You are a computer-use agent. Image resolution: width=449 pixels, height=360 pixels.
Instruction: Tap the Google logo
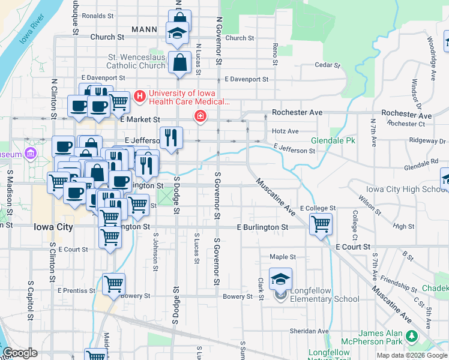tap(20, 353)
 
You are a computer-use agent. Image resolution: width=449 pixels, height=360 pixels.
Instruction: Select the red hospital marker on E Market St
tap(199, 116)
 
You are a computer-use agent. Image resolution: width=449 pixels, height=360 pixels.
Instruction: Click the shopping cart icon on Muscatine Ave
tap(321, 224)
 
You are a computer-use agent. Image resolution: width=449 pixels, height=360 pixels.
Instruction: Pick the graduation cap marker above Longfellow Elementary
tap(280, 279)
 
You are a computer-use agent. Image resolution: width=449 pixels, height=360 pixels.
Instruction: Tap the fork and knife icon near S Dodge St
tap(171, 138)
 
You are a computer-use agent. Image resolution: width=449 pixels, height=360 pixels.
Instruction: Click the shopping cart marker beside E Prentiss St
tap(113, 284)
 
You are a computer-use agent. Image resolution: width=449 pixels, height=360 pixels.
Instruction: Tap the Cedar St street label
tap(327, 65)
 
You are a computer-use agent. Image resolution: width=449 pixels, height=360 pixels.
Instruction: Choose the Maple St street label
tap(280, 257)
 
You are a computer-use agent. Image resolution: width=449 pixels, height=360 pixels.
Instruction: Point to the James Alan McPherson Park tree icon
tap(411, 334)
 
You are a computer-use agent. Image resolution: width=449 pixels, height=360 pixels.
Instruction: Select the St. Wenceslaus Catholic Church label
tap(136, 61)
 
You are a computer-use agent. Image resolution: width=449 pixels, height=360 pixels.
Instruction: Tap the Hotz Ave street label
tap(285, 131)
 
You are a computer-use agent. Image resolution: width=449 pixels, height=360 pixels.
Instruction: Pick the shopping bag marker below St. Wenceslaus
tap(180, 62)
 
